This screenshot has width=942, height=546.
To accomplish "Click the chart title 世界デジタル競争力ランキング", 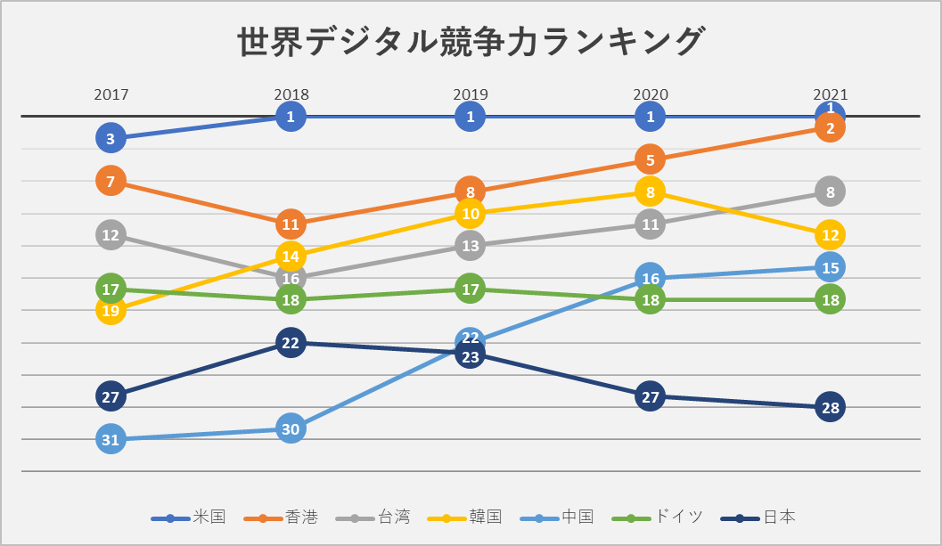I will click(x=471, y=42).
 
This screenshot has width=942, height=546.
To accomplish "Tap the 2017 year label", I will click(x=111, y=94).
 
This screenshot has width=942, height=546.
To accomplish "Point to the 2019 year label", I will click(x=471, y=94).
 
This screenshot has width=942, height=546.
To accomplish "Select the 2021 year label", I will click(x=830, y=94).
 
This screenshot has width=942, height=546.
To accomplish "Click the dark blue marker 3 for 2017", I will click(x=111, y=138).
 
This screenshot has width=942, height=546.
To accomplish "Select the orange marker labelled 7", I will click(x=111, y=181).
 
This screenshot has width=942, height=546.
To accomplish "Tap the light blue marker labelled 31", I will click(x=111, y=439).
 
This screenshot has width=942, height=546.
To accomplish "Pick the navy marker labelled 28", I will click(x=830, y=408).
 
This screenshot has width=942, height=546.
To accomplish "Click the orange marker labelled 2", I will click(x=830, y=128).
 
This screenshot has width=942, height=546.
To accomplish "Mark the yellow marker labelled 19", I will click(x=111, y=311).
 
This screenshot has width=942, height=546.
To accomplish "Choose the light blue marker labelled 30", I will click(x=291, y=428).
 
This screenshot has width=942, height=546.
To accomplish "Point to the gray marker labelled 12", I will click(x=111, y=235).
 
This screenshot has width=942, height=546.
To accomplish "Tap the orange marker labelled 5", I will click(x=651, y=160).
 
